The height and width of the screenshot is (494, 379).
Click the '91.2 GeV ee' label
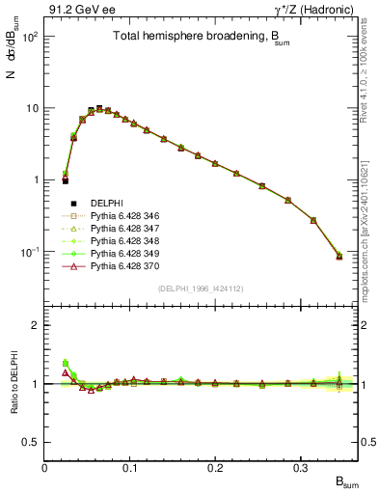click(x=78, y=9)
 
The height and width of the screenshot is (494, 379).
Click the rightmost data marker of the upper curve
click(x=338, y=256)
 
